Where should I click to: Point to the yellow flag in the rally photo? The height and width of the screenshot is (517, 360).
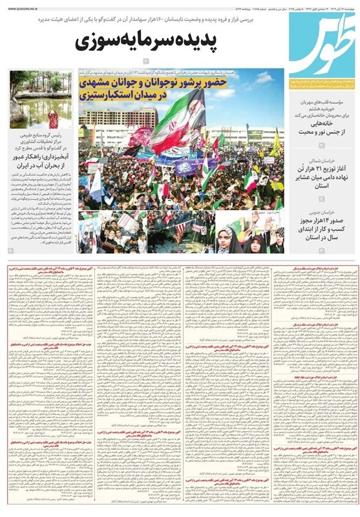tap(274, 142)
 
